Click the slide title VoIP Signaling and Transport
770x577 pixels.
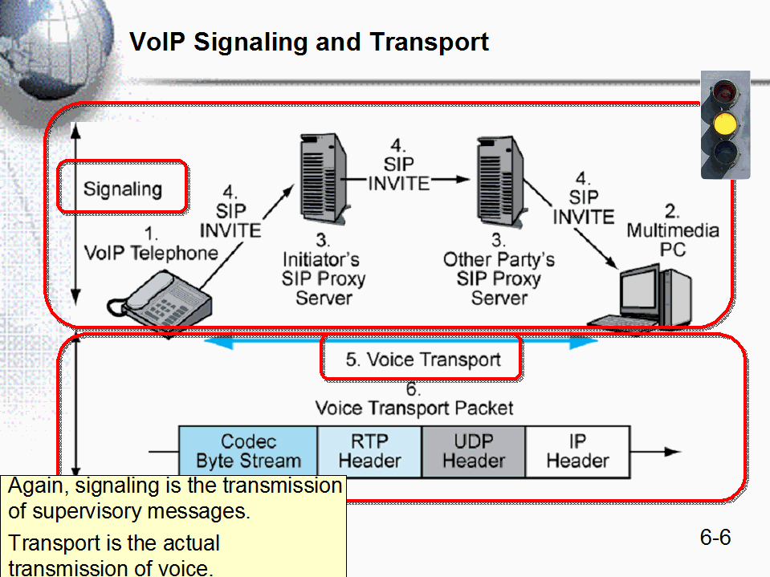[x=309, y=42]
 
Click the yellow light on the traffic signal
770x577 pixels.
[x=725, y=123]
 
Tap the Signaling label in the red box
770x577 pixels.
[x=123, y=189]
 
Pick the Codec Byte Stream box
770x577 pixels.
[x=248, y=451]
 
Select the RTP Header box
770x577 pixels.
[x=369, y=451]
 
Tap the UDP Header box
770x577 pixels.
[x=474, y=451]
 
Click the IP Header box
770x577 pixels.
[x=577, y=451]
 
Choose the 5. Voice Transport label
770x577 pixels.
[x=422, y=360]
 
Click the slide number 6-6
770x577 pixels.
[x=715, y=537]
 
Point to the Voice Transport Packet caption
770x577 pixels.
[x=414, y=408]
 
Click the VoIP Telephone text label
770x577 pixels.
[x=151, y=253]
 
